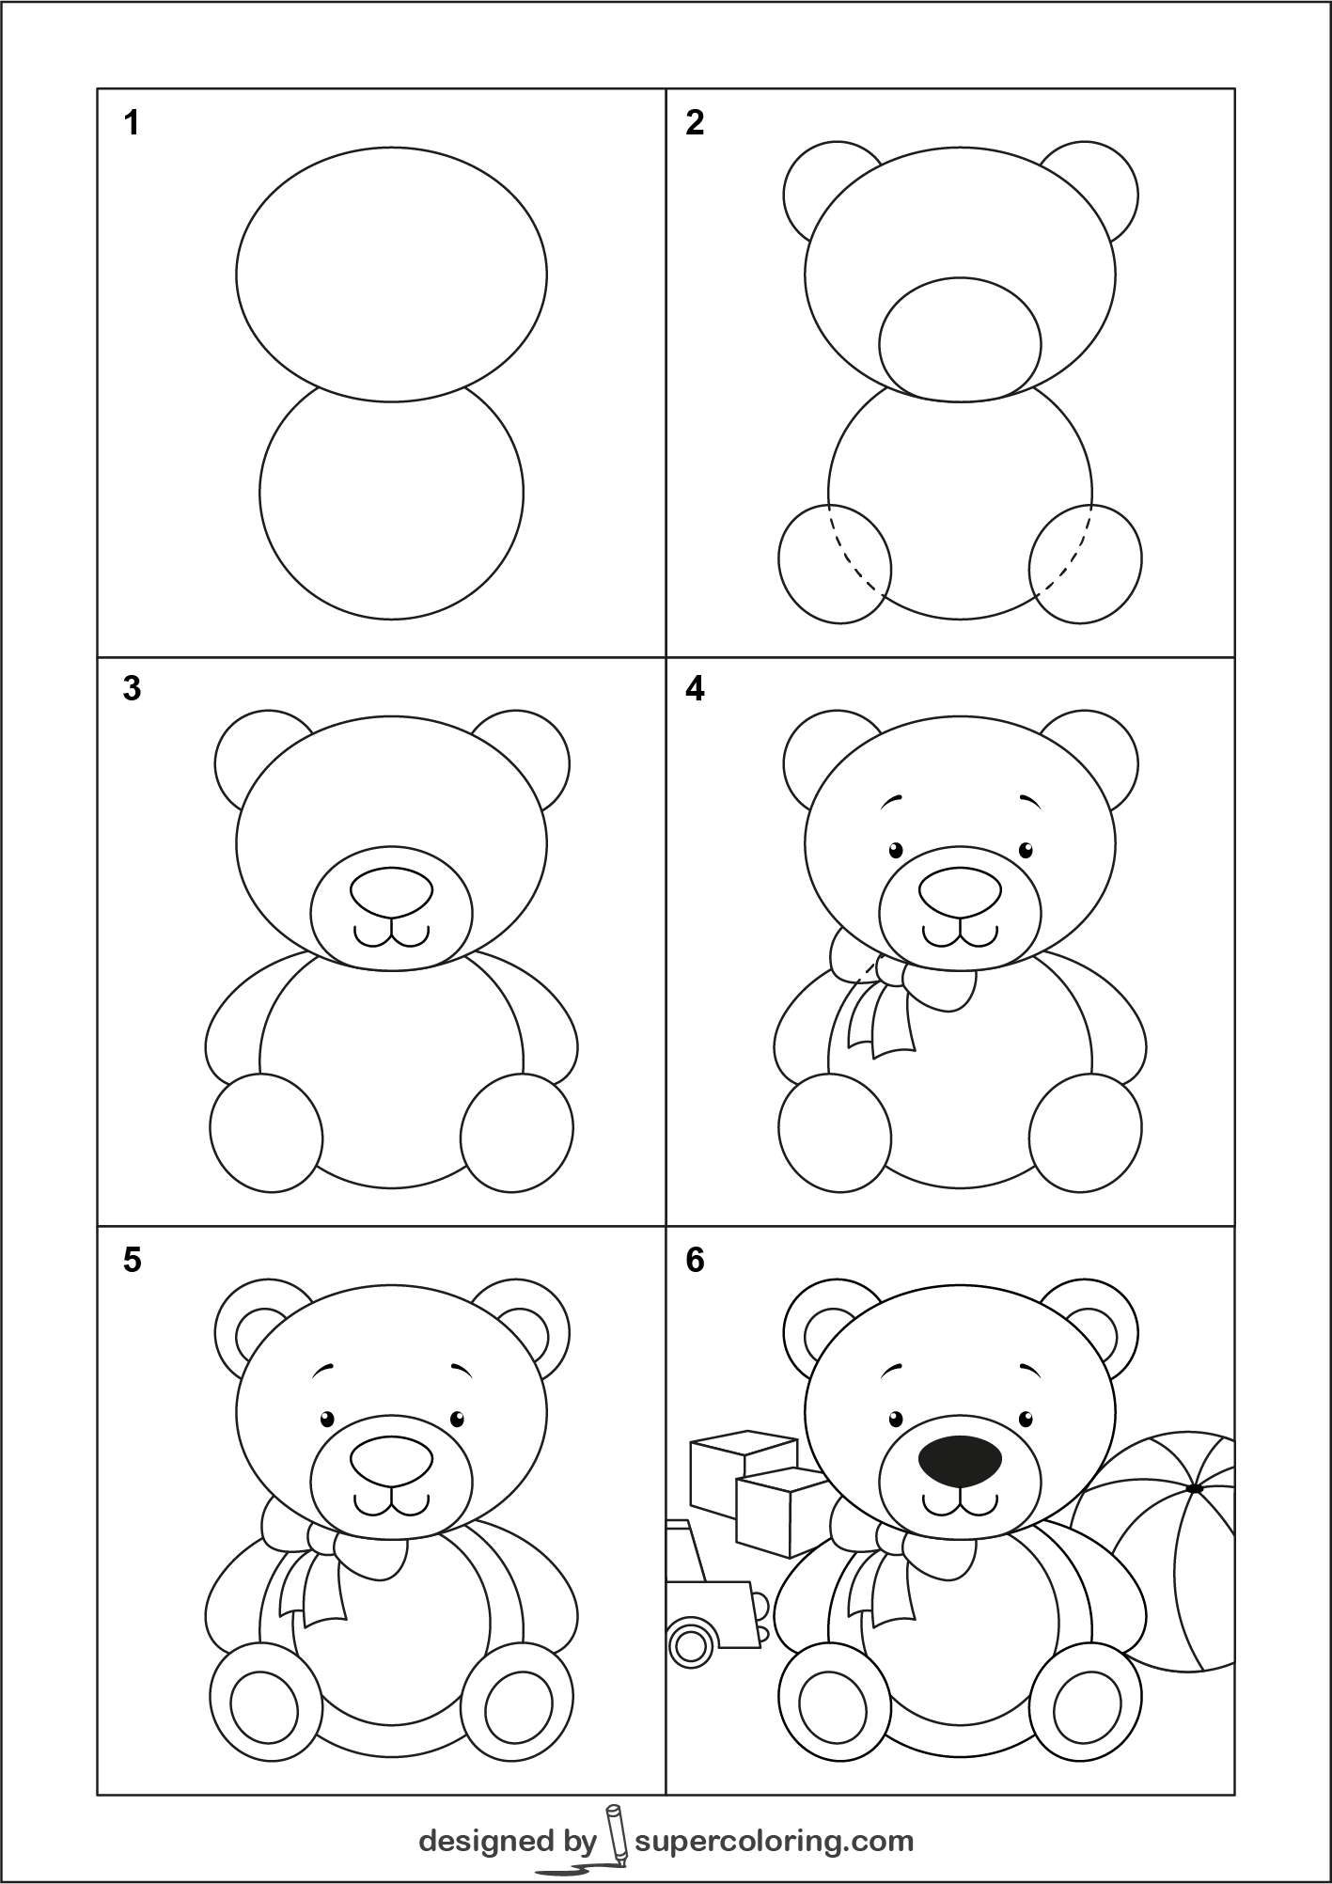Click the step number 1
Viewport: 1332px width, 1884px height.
pyautogui.click(x=132, y=122)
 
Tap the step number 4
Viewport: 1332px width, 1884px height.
pyautogui.click(x=695, y=689)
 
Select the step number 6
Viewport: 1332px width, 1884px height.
pyautogui.click(x=695, y=1260)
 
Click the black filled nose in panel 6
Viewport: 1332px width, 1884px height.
pyautogui.click(x=960, y=1487)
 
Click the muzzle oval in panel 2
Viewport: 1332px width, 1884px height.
pyautogui.click(x=960, y=339)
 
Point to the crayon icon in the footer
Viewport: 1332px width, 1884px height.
pyautogui.click(x=615, y=1834)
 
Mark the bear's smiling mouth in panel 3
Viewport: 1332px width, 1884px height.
pyautogui.click(x=392, y=934)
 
